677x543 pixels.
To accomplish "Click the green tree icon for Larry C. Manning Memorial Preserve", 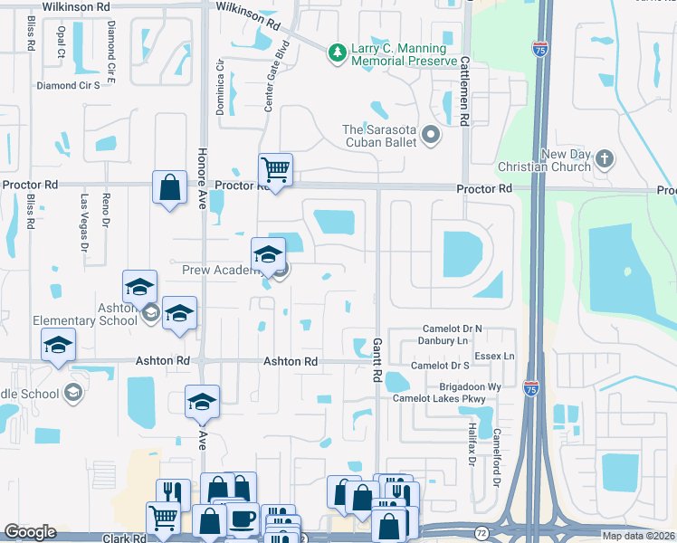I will (338, 53).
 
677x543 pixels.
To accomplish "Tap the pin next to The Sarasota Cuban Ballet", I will (430, 137).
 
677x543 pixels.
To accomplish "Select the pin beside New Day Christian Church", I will (604, 160).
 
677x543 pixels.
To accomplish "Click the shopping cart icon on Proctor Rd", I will (276, 169).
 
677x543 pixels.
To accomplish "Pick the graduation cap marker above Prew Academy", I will (268, 254).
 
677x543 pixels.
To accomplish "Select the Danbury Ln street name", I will (443, 341).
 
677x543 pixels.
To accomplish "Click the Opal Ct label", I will (62, 42).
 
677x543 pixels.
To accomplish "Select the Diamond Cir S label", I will (68, 86).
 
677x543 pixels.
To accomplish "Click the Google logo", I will (30, 532).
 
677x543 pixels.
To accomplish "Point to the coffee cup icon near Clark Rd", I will (242, 519).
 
